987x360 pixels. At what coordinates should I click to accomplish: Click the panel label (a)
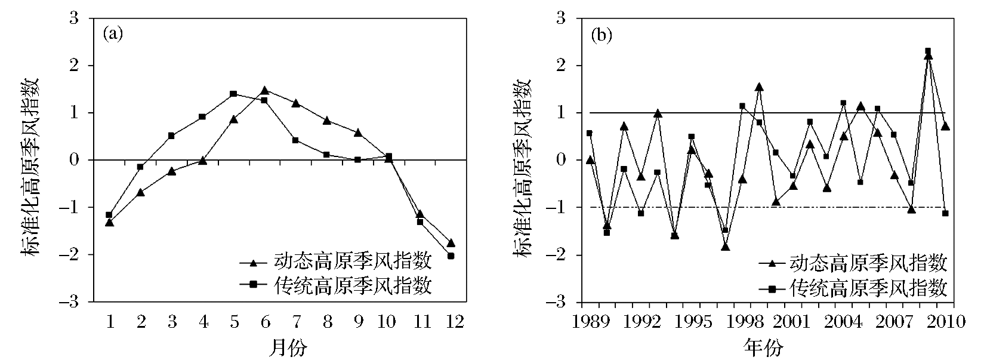[113, 34]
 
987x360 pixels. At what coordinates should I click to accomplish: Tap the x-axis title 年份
[763, 347]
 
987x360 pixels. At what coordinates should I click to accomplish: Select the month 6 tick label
[264, 322]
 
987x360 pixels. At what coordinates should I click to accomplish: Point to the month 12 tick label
[451, 322]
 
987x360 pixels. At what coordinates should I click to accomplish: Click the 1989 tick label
[590, 322]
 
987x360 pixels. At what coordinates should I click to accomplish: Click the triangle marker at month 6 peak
[264, 90]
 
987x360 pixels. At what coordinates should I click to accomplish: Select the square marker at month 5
[233, 94]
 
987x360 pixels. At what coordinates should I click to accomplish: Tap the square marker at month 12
[451, 256]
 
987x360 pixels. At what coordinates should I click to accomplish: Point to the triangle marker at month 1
[109, 223]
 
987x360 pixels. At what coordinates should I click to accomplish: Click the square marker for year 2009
[928, 51]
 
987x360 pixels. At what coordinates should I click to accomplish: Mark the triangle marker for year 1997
[725, 246]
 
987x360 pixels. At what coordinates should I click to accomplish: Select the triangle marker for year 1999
[759, 87]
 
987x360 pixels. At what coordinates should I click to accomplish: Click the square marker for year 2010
[945, 213]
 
